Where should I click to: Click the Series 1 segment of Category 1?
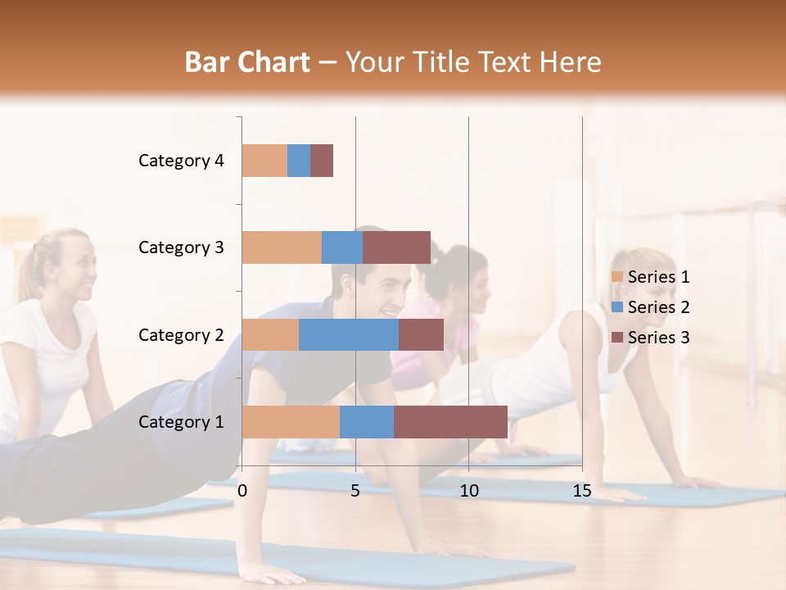tap(291, 422)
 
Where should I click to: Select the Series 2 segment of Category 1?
tap(367, 422)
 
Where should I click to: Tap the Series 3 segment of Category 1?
tap(450, 422)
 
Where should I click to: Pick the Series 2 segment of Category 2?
tap(349, 334)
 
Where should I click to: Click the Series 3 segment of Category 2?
tap(421, 334)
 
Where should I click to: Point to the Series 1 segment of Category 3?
tap(282, 247)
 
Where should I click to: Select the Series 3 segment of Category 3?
tap(396, 247)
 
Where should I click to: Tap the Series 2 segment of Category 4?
tap(299, 161)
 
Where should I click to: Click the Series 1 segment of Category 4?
tap(264, 161)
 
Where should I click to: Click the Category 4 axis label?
tap(181, 161)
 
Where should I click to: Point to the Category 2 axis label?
tap(181, 334)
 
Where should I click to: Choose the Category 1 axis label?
tap(181, 422)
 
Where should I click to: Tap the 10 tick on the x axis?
tap(468, 491)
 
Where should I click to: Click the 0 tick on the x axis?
tap(242, 491)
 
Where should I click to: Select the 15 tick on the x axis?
tap(582, 491)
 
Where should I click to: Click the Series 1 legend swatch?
tap(617, 277)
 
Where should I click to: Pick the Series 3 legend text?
tap(658, 338)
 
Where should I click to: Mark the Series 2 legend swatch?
tap(617, 307)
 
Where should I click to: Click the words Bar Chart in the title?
tap(247, 62)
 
